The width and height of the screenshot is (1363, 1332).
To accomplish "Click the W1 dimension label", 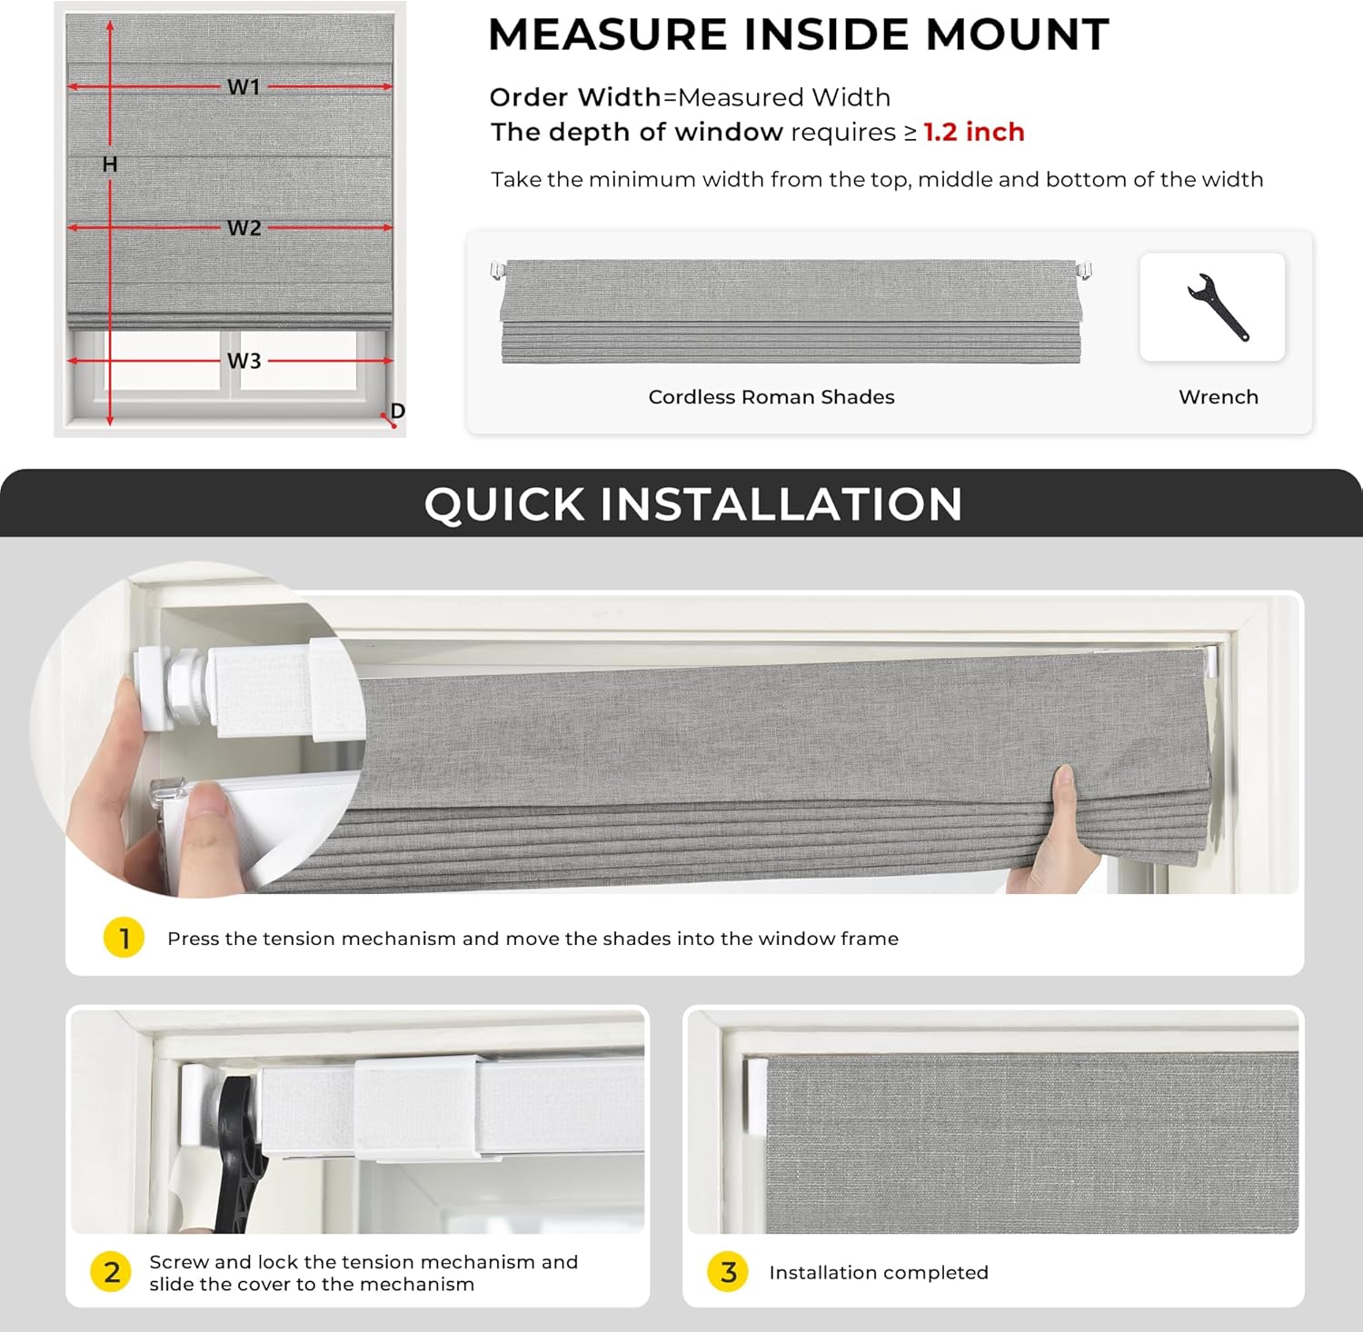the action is coord(244,87).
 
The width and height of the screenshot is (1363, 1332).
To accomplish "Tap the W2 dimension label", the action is coord(244,228).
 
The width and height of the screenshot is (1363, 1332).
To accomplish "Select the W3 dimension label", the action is coord(244,362).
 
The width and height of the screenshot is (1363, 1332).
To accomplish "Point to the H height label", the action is coord(110,164).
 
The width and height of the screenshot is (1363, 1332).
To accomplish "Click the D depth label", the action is coord(397,411).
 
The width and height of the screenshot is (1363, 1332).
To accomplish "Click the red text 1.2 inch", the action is coord(974,133).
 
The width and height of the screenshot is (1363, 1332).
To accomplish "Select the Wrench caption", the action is coord(1218,397).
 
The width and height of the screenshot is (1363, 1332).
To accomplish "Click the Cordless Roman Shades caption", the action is coord(771,397).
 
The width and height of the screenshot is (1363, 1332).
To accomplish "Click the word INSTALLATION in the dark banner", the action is coord(781,504).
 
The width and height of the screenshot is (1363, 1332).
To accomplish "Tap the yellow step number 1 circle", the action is coord(124,938).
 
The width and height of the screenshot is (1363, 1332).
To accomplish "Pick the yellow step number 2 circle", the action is coord(112,1272).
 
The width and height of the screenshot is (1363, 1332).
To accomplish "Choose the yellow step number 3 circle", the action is coord(728,1272).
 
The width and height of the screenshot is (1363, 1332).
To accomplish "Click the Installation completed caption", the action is coord(878,1273).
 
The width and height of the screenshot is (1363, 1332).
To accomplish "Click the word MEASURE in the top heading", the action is coord(607,35).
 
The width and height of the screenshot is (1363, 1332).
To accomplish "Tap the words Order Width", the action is coord(575,97).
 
